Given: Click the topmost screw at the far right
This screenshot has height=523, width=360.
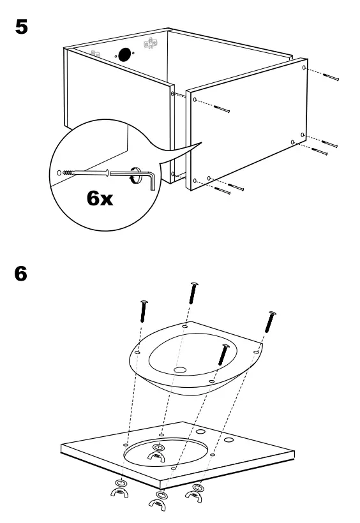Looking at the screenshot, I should click(x=331, y=77).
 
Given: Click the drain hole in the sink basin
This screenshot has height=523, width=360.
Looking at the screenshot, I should click(x=179, y=369).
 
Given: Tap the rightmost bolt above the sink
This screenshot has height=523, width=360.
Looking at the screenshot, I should click(x=270, y=323).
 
